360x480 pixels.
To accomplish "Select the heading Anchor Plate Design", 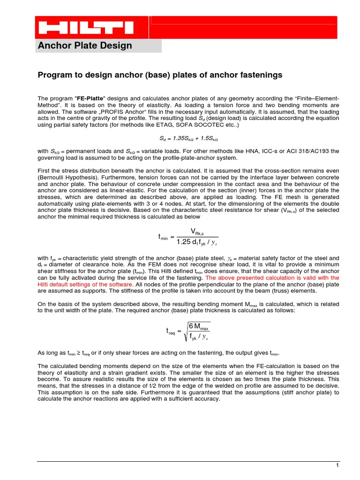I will [x=85, y=45].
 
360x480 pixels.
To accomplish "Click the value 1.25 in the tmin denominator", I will [x=184, y=242].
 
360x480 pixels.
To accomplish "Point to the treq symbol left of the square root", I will [x=171, y=331].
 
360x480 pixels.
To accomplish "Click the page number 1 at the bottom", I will [x=337, y=465].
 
